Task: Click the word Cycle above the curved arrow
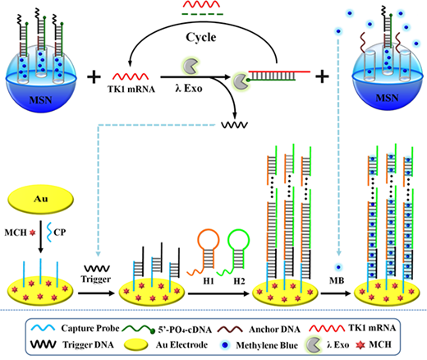pos(201,37)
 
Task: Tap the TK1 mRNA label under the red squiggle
pos(131,89)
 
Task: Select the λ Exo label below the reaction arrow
pos(189,88)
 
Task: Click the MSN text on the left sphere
pos(40,100)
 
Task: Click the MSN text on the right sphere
pos(387,98)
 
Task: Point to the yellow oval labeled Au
pos(41,199)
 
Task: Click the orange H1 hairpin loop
pos(209,239)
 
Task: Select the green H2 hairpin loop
pos(239,239)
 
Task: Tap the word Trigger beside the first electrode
pos(96,279)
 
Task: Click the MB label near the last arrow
pos(337,280)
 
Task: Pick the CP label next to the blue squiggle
pos(60,233)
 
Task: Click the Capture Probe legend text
pos(90,328)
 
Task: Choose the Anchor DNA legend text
pos(274,329)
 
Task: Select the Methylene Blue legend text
pos(267,345)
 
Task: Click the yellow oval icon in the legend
pos(136,344)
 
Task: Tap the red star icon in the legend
pos(360,345)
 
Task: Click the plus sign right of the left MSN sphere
pos(94,76)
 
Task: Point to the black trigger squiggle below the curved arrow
pos(235,125)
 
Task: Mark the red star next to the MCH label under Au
pos(33,233)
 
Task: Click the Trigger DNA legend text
pos(88,344)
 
